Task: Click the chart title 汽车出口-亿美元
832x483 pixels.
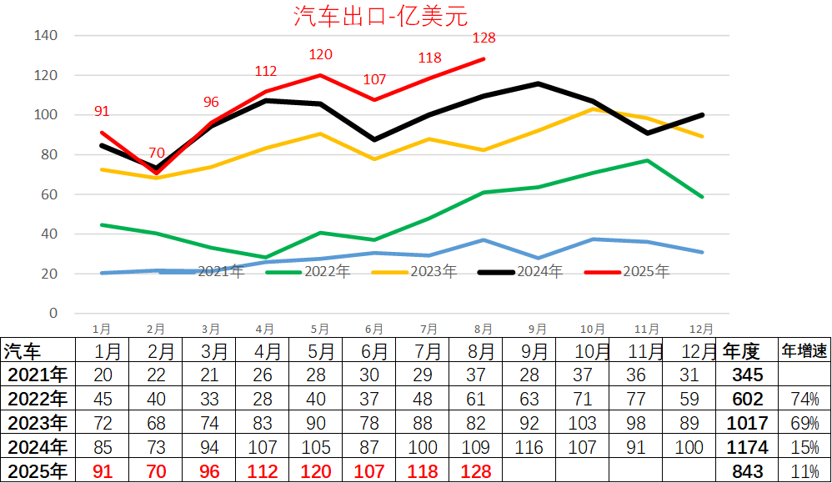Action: click(x=381, y=16)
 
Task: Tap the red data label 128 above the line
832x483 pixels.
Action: click(x=484, y=38)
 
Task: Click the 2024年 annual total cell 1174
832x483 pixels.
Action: click(x=747, y=446)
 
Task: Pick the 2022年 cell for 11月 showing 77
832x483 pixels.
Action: click(x=642, y=398)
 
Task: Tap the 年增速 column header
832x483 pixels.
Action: click(x=804, y=350)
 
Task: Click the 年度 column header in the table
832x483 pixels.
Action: click(x=742, y=350)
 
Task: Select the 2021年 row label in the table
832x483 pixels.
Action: click(x=36, y=375)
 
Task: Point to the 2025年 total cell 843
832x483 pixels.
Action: click(x=747, y=470)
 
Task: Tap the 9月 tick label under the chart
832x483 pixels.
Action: click(x=538, y=330)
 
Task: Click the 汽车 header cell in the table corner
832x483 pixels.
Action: click(x=23, y=350)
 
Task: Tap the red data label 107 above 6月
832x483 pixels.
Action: click(x=375, y=80)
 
